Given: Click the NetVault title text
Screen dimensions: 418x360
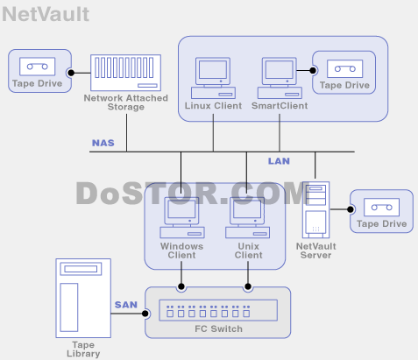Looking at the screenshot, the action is pos(46,14).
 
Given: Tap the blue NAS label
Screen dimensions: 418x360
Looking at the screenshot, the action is pos(103,143).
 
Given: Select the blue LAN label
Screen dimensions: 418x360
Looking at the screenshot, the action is pos(279,161).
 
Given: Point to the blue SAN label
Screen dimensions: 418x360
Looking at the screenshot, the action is pos(126,305).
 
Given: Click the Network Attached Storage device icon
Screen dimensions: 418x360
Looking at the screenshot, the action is pos(125,73).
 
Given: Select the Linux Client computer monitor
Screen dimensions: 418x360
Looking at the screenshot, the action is pos(213,72).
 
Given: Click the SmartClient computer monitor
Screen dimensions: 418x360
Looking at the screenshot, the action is pos(280,72).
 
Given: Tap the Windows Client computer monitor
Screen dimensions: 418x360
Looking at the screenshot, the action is pos(181,211).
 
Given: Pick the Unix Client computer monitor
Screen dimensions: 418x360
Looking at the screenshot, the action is pos(247,211).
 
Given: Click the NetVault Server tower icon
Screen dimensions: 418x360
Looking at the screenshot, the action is pos(315,209).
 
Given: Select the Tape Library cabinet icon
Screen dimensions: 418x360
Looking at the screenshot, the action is pos(83,298).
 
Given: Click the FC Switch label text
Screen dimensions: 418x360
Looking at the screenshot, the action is pos(218,328).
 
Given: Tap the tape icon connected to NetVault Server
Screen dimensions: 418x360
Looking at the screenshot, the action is pos(381,208).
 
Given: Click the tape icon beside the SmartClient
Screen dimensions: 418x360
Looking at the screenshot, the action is pos(344,69).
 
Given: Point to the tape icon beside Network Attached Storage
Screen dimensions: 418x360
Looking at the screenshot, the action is pos(37,67).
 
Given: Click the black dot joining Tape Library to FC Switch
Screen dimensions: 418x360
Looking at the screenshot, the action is pos(145,314).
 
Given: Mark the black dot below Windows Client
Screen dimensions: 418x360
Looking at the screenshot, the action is pos(181,286).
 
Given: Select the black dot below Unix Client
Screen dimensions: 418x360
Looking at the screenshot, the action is pos(248,286).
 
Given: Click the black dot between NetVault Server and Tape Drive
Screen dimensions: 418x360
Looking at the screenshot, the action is pos(351,209).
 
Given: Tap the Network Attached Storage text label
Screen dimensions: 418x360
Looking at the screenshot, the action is pos(126,102).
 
